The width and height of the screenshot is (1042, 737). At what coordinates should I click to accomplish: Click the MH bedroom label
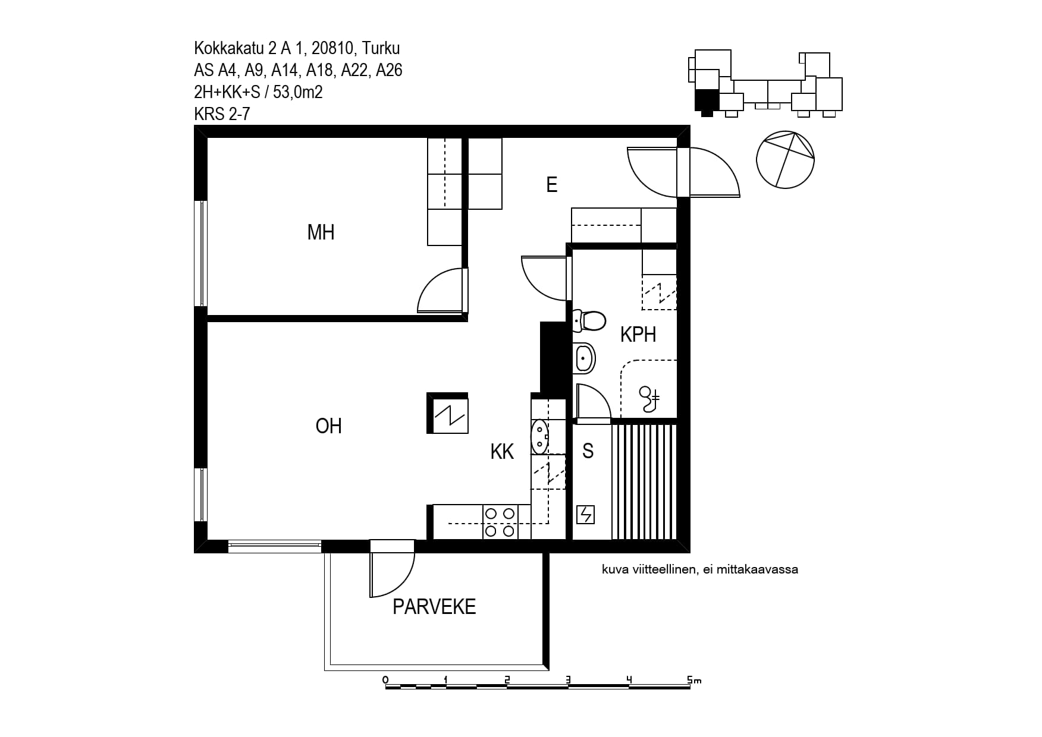click(x=321, y=232)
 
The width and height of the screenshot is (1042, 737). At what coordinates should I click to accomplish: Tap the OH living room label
click(x=328, y=426)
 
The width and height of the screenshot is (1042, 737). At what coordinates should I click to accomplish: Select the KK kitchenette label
click(x=502, y=452)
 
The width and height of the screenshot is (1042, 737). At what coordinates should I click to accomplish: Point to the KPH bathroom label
click(x=638, y=335)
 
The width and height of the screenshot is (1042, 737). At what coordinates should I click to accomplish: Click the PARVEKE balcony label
click(x=434, y=607)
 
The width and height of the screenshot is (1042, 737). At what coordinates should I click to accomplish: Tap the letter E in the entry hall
click(x=552, y=185)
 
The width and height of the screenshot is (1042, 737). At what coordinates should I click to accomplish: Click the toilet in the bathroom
click(x=589, y=321)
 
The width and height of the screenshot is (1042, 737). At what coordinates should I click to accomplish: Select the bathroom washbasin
click(x=585, y=358)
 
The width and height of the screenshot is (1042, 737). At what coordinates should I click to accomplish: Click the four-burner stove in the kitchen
click(x=500, y=522)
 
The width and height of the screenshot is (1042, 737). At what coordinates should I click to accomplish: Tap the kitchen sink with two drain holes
click(x=539, y=436)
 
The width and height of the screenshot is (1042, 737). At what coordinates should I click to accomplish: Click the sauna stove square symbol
click(x=586, y=514)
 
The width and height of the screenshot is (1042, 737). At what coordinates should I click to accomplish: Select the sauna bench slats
click(x=645, y=480)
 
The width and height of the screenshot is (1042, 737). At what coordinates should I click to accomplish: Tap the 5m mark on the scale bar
click(x=693, y=679)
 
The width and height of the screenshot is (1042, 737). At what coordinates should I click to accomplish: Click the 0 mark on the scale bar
click(x=385, y=679)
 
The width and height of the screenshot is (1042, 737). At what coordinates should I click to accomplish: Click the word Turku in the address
click(x=381, y=48)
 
